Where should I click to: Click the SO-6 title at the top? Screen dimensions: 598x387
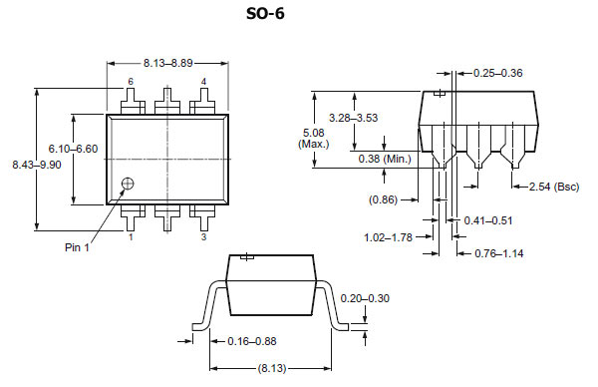265,14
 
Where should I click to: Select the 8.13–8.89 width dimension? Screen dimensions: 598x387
167,63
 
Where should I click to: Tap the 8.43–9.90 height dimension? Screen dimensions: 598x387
37,165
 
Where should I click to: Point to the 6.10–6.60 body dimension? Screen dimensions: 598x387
73,149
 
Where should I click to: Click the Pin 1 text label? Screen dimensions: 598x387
77,247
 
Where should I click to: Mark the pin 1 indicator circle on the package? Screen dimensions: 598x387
128,184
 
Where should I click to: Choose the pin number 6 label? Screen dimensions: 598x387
131,82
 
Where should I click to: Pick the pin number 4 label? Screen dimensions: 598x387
203,82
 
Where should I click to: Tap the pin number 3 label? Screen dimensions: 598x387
203,237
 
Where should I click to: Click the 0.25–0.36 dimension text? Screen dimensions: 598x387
497,73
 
